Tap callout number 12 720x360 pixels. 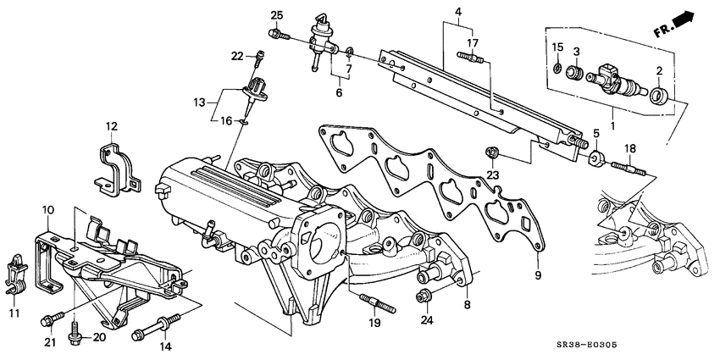[x=112, y=127]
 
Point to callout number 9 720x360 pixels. [x=536, y=274]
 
